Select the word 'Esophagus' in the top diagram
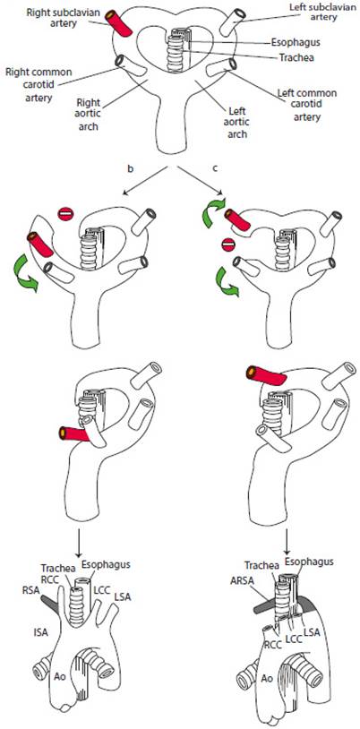291,42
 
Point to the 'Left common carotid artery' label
306,105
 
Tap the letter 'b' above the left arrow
131,169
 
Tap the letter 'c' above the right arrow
214,169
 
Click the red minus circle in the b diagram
65,214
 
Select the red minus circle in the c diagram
227,244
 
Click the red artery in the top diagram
118,21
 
